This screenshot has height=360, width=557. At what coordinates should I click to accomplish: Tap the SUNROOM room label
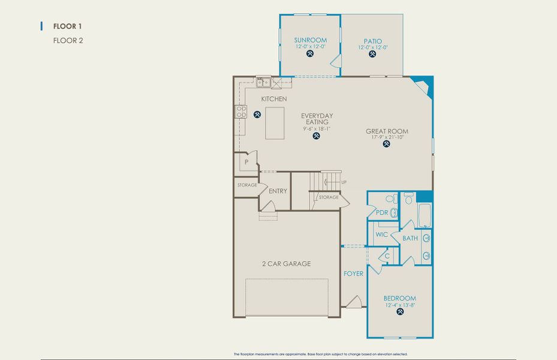pyautogui.click(x=310, y=40)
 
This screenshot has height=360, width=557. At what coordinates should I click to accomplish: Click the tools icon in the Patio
pyautogui.click(x=372, y=54)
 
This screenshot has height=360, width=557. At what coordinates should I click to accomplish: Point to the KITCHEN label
pyautogui.click(x=273, y=99)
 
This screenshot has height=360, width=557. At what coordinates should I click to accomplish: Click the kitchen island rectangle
pyautogui.click(x=275, y=123)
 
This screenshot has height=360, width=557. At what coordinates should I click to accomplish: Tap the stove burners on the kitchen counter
pyautogui.click(x=241, y=111)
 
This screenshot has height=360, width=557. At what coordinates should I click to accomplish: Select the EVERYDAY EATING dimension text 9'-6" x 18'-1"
pyautogui.click(x=317, y=128)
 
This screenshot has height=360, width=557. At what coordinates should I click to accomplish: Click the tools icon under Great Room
pyautogui.click(x=387, y=144)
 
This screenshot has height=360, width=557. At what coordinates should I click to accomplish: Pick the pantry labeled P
pyautogui.click(x=246, y=162)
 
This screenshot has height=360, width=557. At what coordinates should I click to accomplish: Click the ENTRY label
pyautogui.click(x=278, y=191)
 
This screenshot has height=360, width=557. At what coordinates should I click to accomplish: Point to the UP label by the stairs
pyautogui.click(x=344, y=182)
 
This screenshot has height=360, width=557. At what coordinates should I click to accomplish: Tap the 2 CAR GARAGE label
pyautogui.click(x=286, y=263)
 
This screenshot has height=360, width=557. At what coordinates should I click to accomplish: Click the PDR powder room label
pyautogui.click(x=382, y=212)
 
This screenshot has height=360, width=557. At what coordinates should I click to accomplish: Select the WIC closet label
pyautogui.click(x=382, y=235)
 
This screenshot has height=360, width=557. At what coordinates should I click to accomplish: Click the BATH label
pyautogui.click(x=410, y=238)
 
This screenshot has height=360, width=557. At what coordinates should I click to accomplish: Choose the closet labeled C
pyautogui.click(x=387, y=256)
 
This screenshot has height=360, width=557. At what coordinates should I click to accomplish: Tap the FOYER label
pyautogui.click(x=353, y=274)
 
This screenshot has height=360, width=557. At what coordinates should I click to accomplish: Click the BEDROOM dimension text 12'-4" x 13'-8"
pyautogui.click(x=399, y=305)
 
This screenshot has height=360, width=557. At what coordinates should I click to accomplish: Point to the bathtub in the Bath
pyautogui.click(x=424, y=215)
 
